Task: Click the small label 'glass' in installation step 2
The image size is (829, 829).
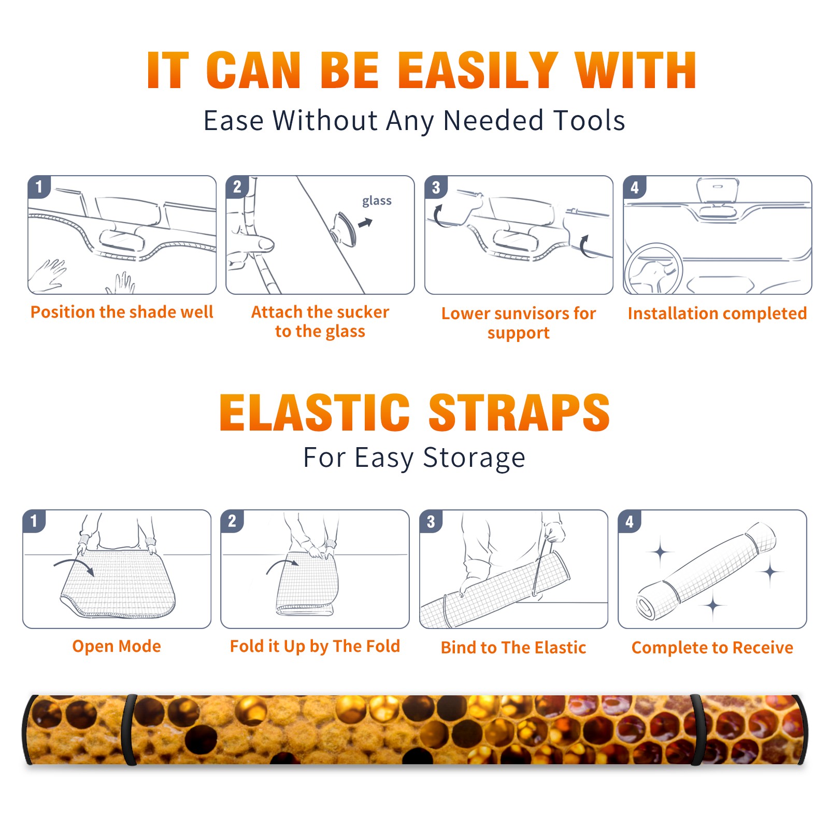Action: (377, 201)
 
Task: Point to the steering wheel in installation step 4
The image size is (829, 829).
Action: (653, 268)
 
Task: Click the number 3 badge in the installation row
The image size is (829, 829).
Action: (436, 188)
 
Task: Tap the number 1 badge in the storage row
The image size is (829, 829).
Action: (34, 521)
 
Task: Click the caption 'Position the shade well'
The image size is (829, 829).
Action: (122, 312)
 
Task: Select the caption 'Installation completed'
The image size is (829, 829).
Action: (717, 313)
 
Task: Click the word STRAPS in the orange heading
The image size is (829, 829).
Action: (519, 412)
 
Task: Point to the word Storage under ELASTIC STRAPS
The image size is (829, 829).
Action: (474, 459)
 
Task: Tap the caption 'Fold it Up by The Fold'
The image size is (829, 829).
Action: (315, 646)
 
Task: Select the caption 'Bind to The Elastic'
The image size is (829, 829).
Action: (513, 648)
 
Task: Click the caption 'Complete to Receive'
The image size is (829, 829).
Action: (712, 648)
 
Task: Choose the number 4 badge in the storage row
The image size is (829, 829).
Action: (630, 521)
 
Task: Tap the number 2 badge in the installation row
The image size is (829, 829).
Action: (237, 187)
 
